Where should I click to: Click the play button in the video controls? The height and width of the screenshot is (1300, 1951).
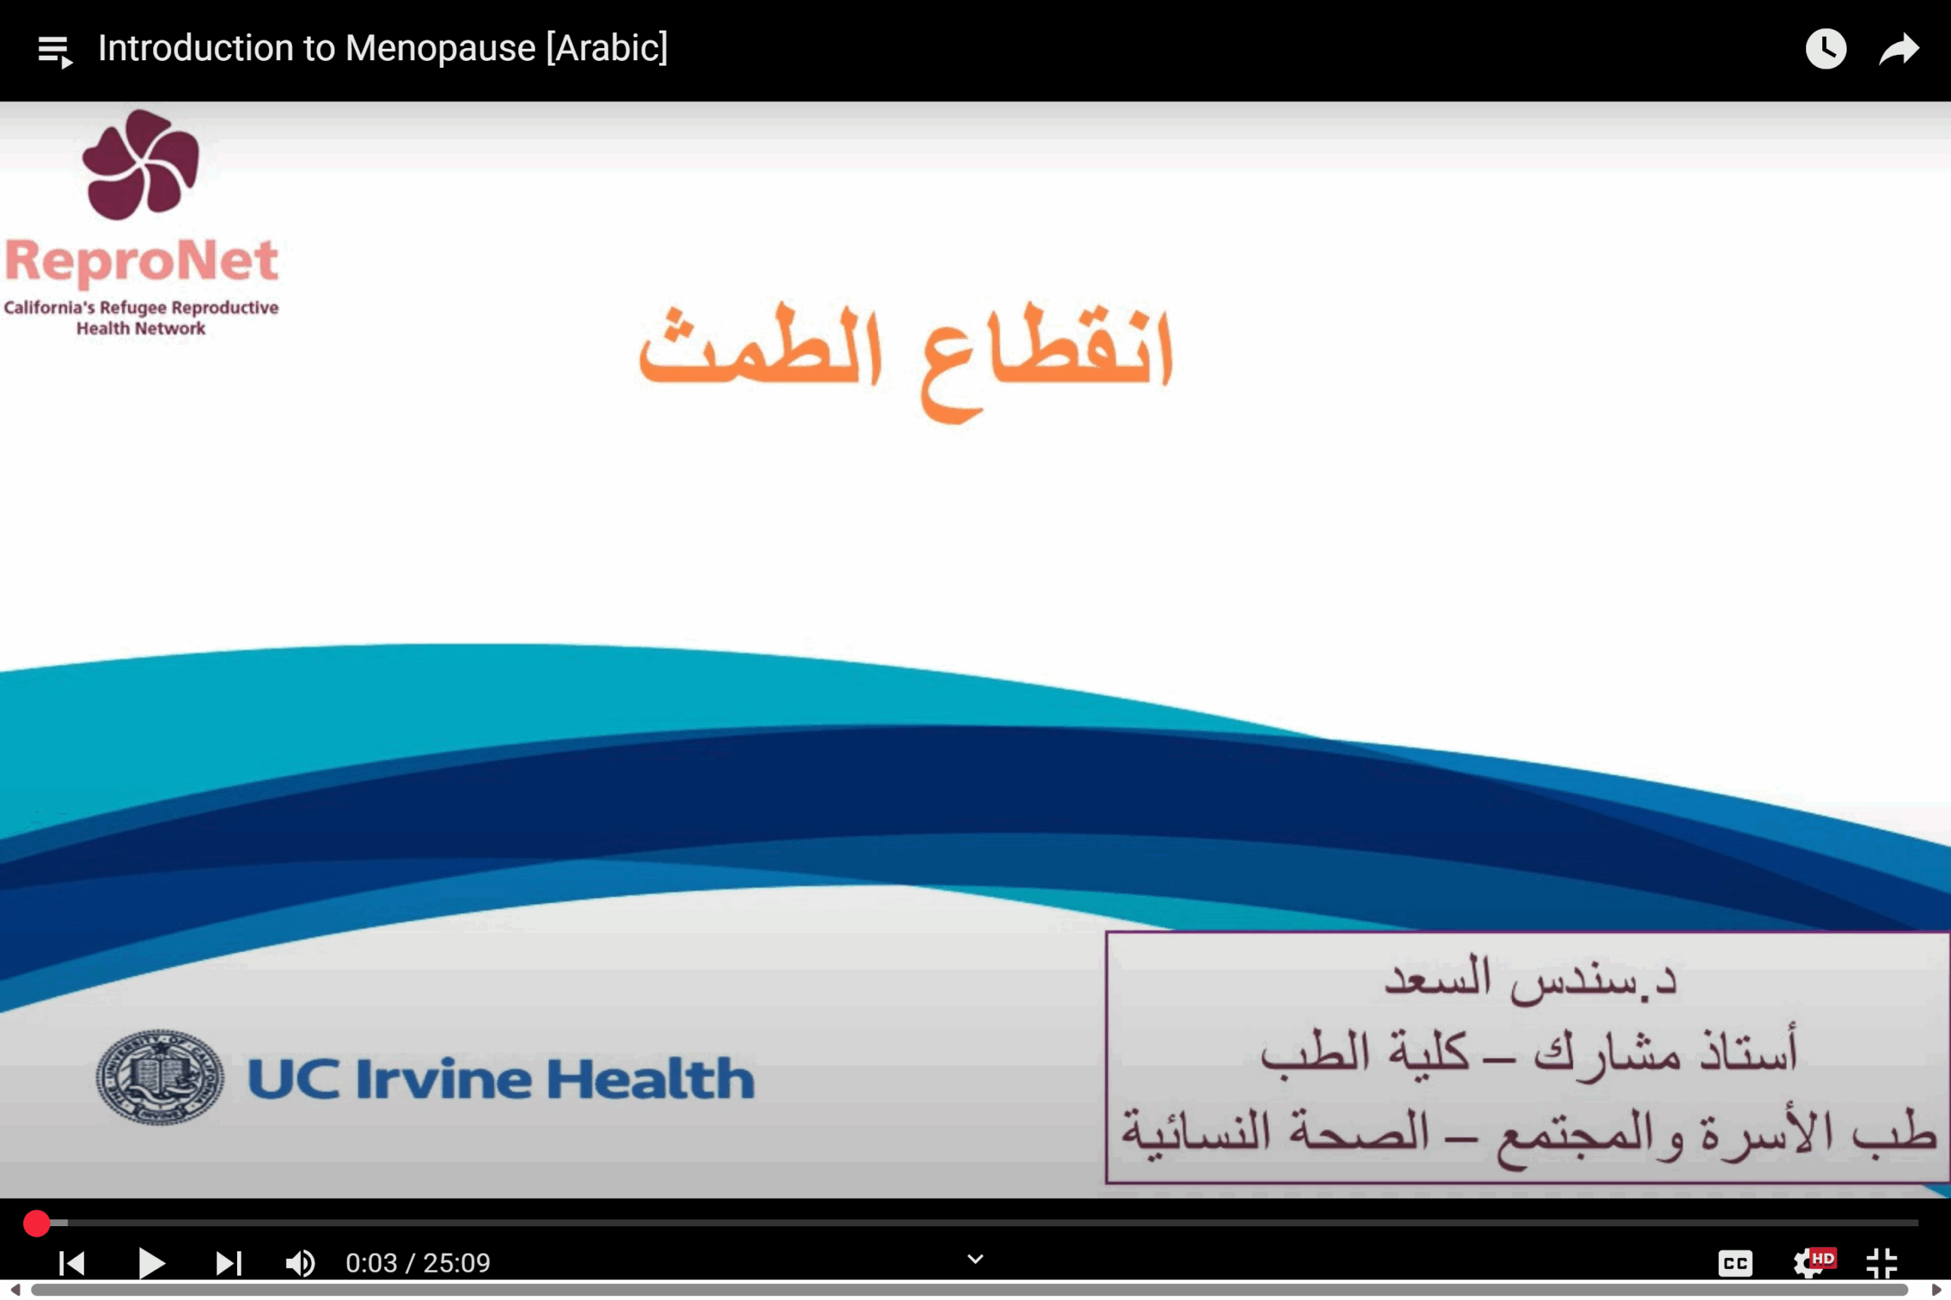tap(152, 1263)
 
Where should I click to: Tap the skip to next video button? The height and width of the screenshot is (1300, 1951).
tap(228, 1263)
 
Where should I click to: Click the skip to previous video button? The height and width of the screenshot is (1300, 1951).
tap(72, 1263)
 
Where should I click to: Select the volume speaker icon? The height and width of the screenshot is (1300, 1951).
tap(300, 1263)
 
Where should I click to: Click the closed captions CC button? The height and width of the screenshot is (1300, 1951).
tap(1735, 1263)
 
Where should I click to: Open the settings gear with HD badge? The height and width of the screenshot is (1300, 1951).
tap(1813, 1263)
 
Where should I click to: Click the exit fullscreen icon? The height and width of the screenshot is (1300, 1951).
tap(1882, 1263)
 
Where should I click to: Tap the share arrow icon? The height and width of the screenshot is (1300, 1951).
tap(1898, 49)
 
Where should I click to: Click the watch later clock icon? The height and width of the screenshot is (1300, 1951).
tap(1826, 49)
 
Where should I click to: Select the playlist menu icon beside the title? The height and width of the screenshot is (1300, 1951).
tap(56, 51)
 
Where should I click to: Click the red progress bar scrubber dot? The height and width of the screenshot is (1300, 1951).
tap(37, 1223)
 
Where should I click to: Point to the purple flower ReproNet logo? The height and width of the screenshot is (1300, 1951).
tap(141, 165)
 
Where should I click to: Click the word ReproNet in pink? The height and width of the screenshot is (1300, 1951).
tap(142, 260)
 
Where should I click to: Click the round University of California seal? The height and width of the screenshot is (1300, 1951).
tap(159, 1077)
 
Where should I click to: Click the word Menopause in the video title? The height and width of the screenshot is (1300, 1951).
tap(440, 48)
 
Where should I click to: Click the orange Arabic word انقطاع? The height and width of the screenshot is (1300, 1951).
tap(1047, 362)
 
